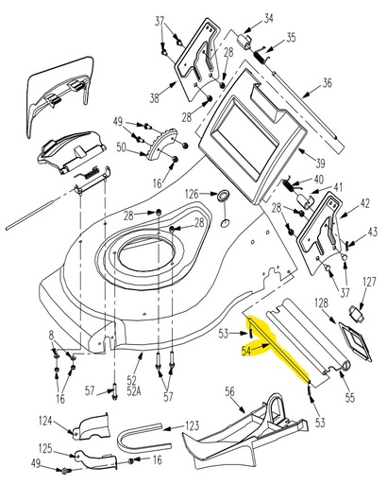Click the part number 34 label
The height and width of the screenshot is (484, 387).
(x=269, y=18)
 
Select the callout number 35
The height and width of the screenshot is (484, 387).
(x=291, y=38)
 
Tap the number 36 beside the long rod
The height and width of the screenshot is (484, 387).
(x=328, y=82)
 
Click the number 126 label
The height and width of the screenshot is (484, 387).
(x=192, y=194)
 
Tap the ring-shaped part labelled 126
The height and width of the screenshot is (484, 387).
(x=225, y=196)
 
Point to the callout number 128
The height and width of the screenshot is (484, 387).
(x=322, y=302)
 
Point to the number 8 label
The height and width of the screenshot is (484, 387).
(x=51, y=335)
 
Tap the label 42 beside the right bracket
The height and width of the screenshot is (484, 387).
(x=364, y=203)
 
